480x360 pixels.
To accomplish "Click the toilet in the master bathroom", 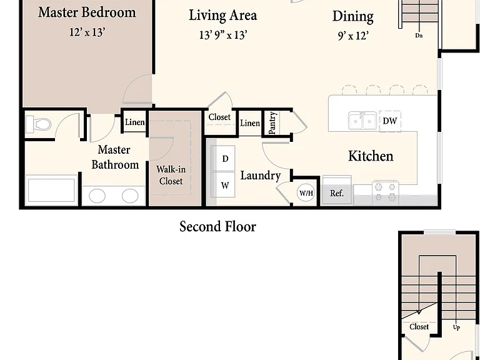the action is (38, 124).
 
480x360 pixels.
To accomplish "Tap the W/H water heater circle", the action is (306, 193).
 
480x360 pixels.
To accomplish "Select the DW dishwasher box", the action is (390, 121).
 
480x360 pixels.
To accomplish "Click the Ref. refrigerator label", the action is (337, 194).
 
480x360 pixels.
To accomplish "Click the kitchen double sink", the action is (362, 121).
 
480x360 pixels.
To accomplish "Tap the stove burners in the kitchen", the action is (386, 192).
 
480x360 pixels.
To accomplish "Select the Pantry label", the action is (272, 122).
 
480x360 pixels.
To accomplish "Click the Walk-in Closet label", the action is (171, 175).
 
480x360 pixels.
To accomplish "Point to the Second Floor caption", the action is (217, 227).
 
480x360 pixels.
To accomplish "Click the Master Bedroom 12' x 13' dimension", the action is (87, 32).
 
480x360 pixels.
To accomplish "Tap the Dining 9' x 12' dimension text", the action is (353, 36).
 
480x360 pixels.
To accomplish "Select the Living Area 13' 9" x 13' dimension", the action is (223, 35).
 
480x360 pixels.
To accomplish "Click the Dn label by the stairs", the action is (419, 36).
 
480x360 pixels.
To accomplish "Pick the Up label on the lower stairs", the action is (456, 327).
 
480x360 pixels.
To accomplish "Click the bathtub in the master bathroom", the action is (51, 190).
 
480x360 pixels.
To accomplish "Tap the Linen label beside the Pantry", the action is (250, 123).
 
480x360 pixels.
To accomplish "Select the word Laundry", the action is (261, 176).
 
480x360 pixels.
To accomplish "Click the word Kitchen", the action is (371, 156).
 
